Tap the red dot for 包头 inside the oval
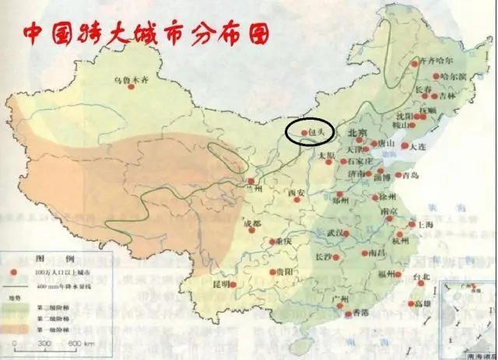pos(304,133)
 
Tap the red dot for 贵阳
pos(269,272)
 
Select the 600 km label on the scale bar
pos(79,343)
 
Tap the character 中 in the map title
pos(33,34)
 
